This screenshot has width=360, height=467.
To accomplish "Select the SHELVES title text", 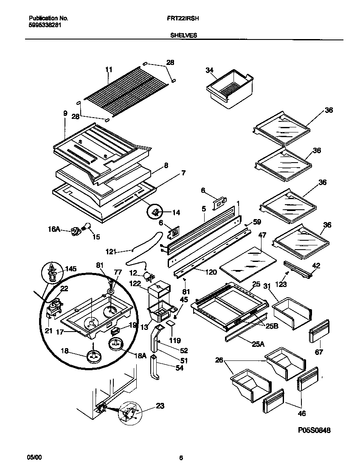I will pos(183,36).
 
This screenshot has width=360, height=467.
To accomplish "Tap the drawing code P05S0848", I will pos(314,430).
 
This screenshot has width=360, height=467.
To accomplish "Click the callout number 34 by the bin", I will pos(209,70).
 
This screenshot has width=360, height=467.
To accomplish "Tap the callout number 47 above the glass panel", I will pos(262,234).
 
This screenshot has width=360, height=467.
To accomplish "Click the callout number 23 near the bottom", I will pos(160,405).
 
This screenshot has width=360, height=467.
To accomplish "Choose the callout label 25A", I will pos(258,344).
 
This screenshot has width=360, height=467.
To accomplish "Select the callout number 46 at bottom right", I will pos(301,413).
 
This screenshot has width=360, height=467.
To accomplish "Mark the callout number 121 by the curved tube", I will pos(111,252).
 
